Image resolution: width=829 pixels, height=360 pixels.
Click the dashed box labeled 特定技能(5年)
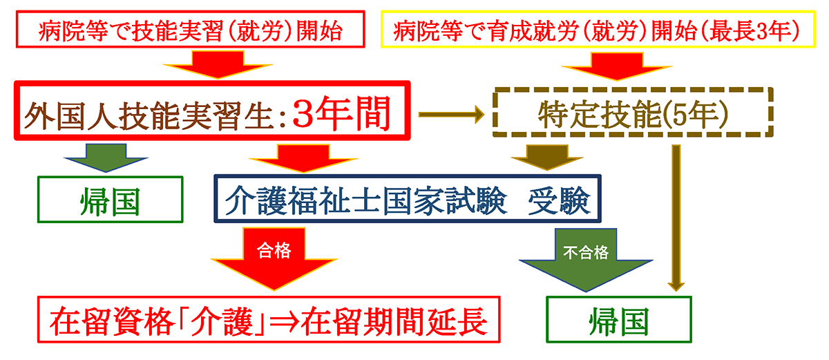631,114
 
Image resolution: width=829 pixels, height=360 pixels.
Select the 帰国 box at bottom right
618,320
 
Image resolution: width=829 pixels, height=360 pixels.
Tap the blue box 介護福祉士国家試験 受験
408,199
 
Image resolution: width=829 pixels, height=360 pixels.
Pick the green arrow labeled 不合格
584,258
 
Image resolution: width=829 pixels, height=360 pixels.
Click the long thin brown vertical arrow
676,214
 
